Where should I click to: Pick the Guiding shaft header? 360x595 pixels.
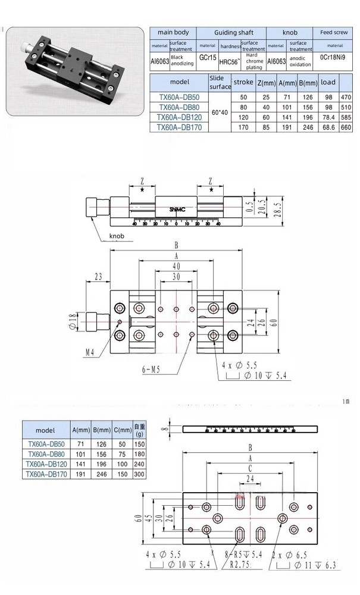pos(231,32)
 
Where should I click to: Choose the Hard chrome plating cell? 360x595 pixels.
pos(254,60)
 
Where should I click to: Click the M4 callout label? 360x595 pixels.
pos(89,353)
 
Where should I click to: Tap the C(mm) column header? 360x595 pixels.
pos(121,430)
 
